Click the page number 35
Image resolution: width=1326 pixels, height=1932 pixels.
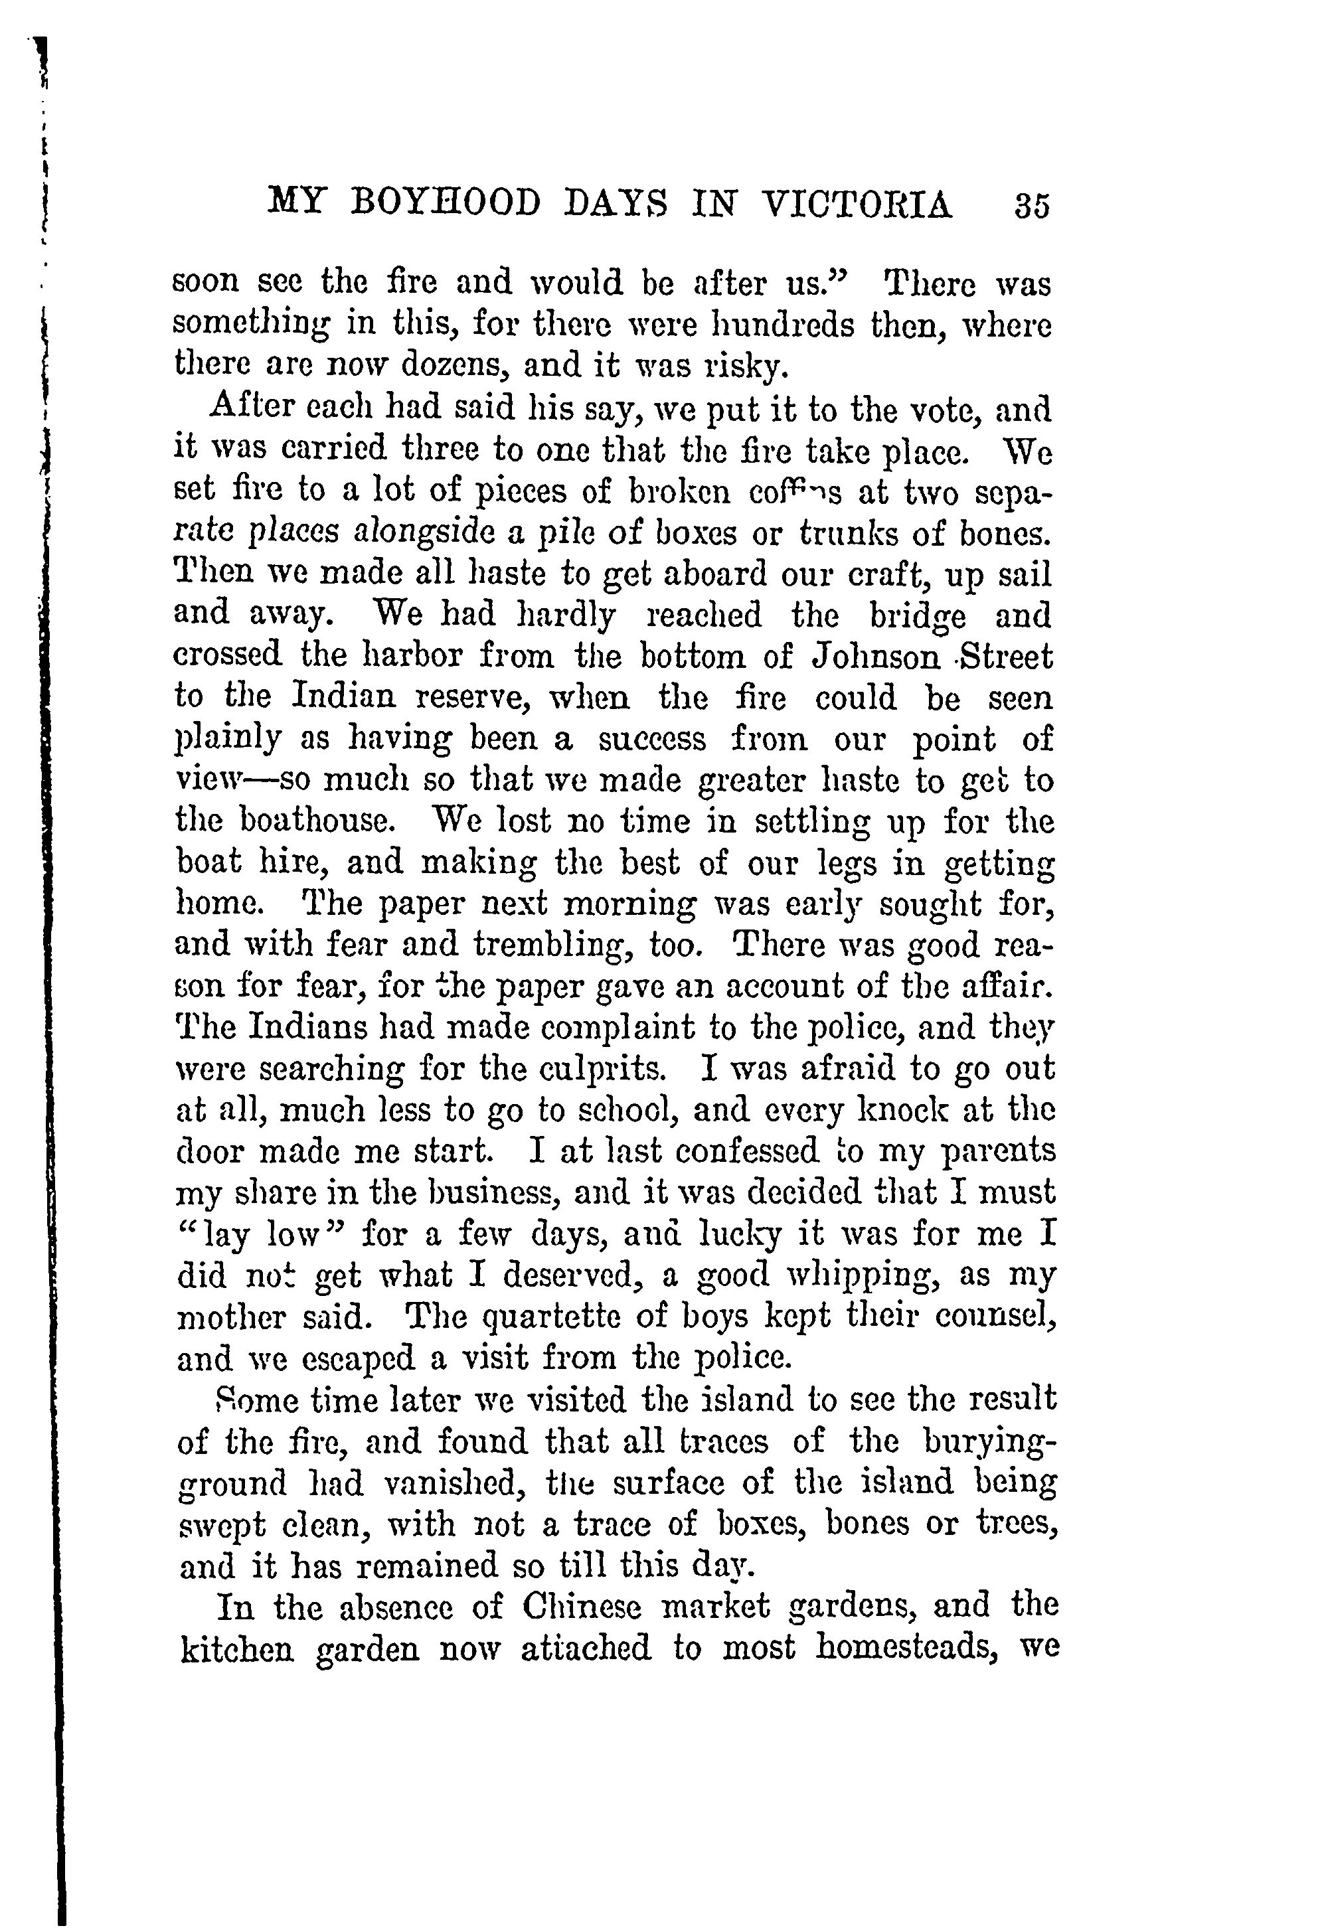tap(1032, 205)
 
